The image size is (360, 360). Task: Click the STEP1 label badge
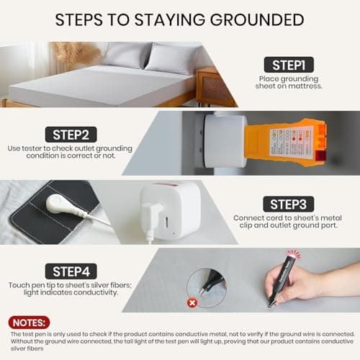tap(288, 65)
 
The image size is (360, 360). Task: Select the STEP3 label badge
tap(288, 204)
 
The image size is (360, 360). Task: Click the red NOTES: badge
tap(30, 323)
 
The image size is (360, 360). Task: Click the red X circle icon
tap(192, 303)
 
